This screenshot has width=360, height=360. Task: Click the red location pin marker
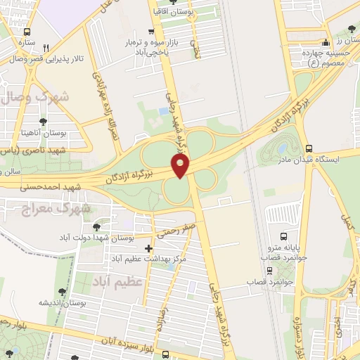tap(181, 166)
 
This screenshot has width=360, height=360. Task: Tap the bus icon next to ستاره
tap(27, 32)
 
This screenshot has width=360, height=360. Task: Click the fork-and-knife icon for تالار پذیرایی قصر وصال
tap(46, 48)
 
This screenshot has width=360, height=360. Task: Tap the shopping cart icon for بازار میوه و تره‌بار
tap(151, 32)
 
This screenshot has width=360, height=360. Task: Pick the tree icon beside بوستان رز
tap(352, 28)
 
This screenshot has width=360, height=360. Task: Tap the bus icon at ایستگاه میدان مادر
tap(309, 148)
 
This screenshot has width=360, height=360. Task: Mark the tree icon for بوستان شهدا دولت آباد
tap(96, 226)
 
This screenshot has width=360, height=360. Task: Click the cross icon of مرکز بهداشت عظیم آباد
tap(148, 248)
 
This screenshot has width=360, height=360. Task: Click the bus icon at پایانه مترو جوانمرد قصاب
tap(283, 237)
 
